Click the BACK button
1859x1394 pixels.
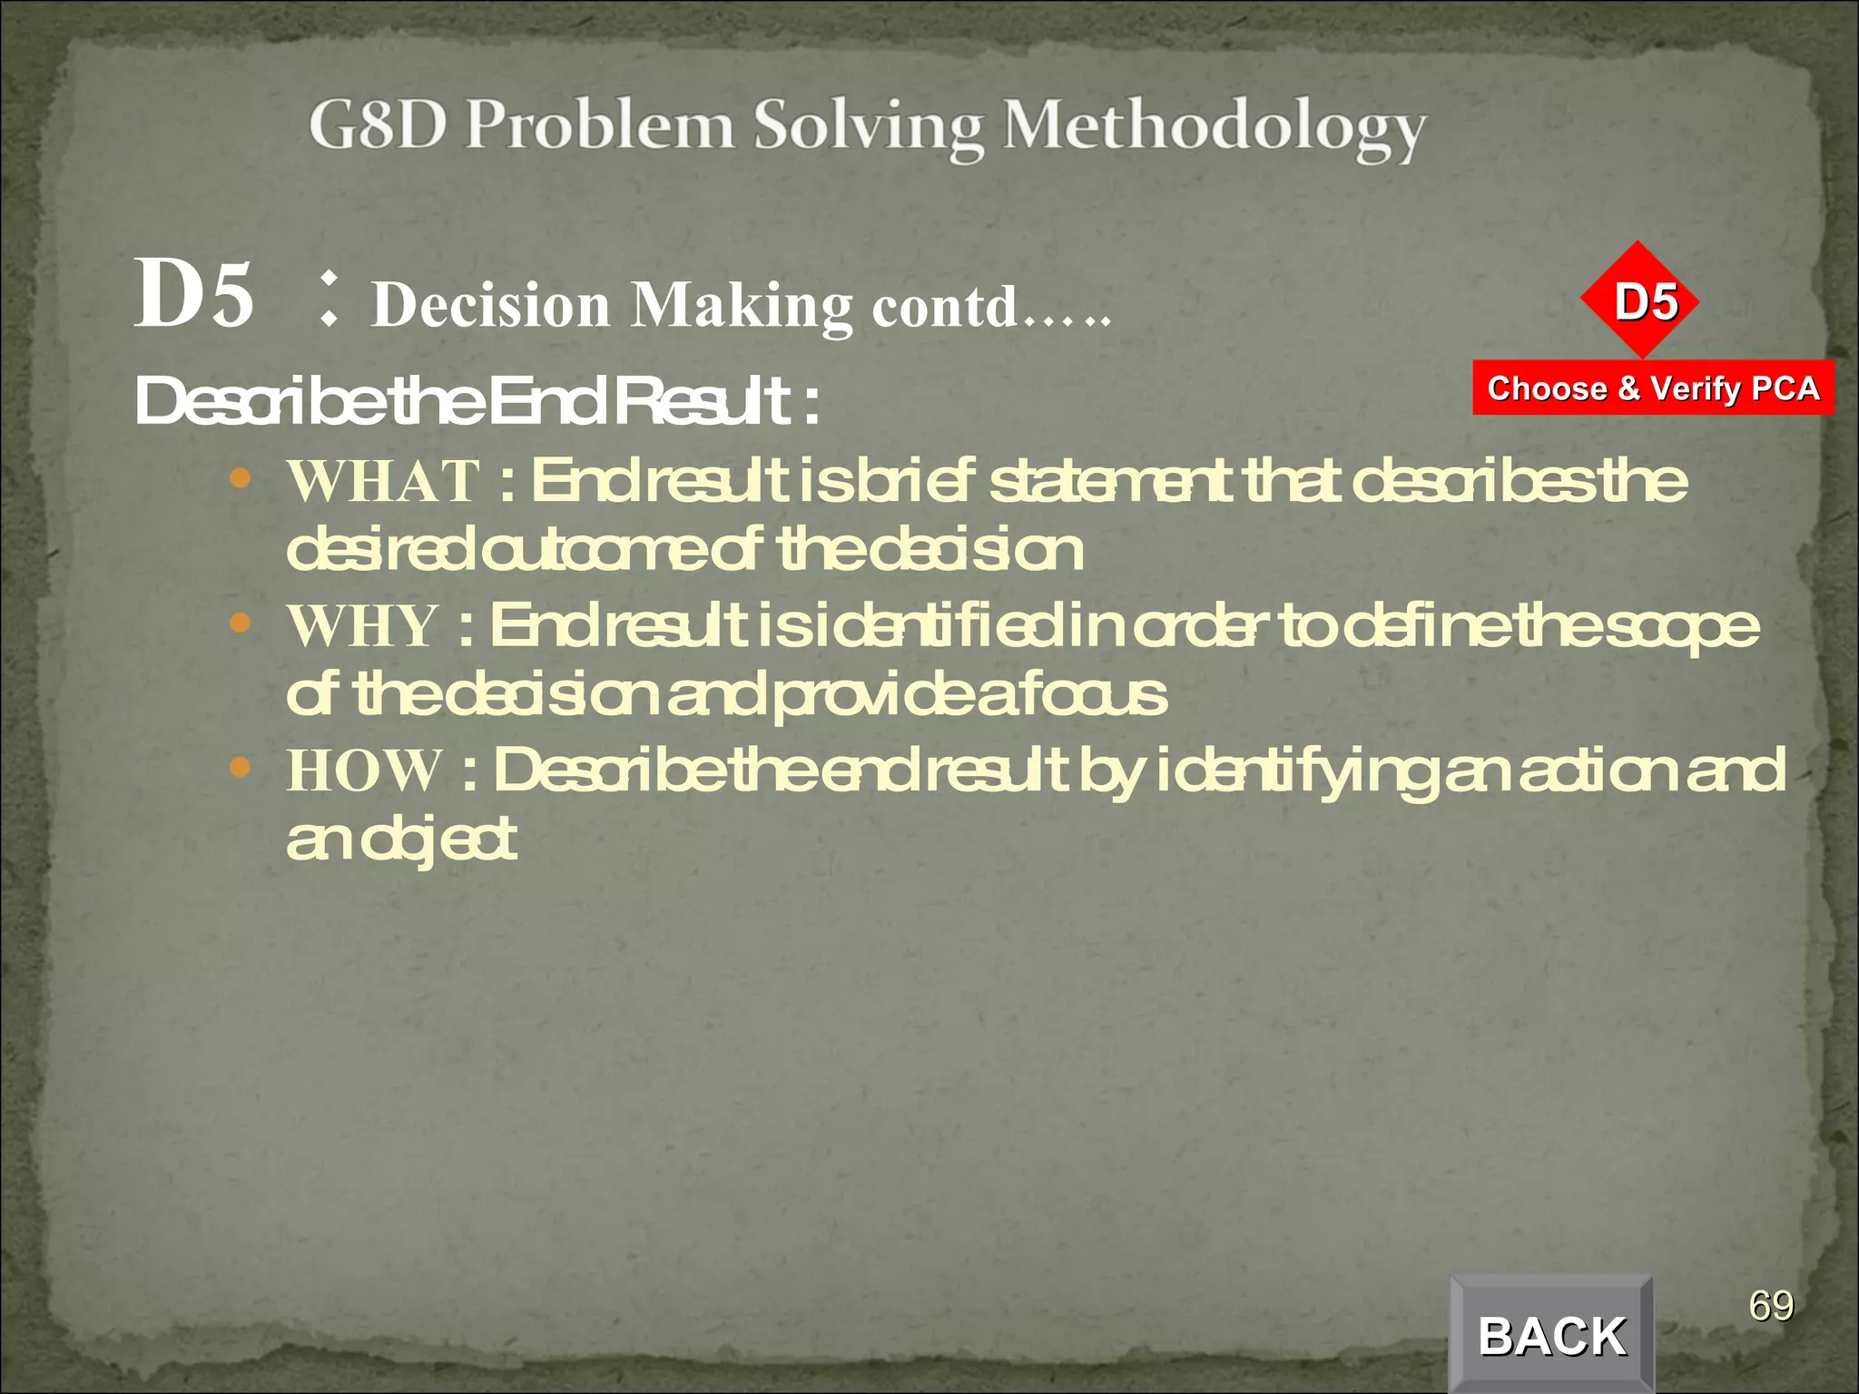[x=1551, y=1335]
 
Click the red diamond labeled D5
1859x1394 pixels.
[x=1638, y=300]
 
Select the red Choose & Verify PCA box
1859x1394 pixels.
[x=1653, y=388]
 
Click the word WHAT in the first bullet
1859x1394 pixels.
[x=384, y=481]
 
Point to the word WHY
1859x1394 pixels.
[x=363, y=626]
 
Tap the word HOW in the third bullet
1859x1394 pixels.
[x=365, y=771]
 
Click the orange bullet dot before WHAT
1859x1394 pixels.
[x=240, y=478]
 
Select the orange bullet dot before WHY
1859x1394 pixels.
[x=240, y=623]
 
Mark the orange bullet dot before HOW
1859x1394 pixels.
[x=240, y=768]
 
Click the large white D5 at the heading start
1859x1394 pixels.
[x=193, y=294]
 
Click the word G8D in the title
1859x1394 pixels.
[x=377, y=125]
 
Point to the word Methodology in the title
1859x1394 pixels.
[x=1214, y=127]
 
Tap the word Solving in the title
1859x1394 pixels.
[x=869, y=127]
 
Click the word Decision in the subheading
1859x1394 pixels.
[x=491, y=305]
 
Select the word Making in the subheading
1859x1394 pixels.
[x=742, y=305]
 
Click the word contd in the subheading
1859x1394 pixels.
[x=944, y=307]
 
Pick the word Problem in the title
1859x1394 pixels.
[x=600, y=125]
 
